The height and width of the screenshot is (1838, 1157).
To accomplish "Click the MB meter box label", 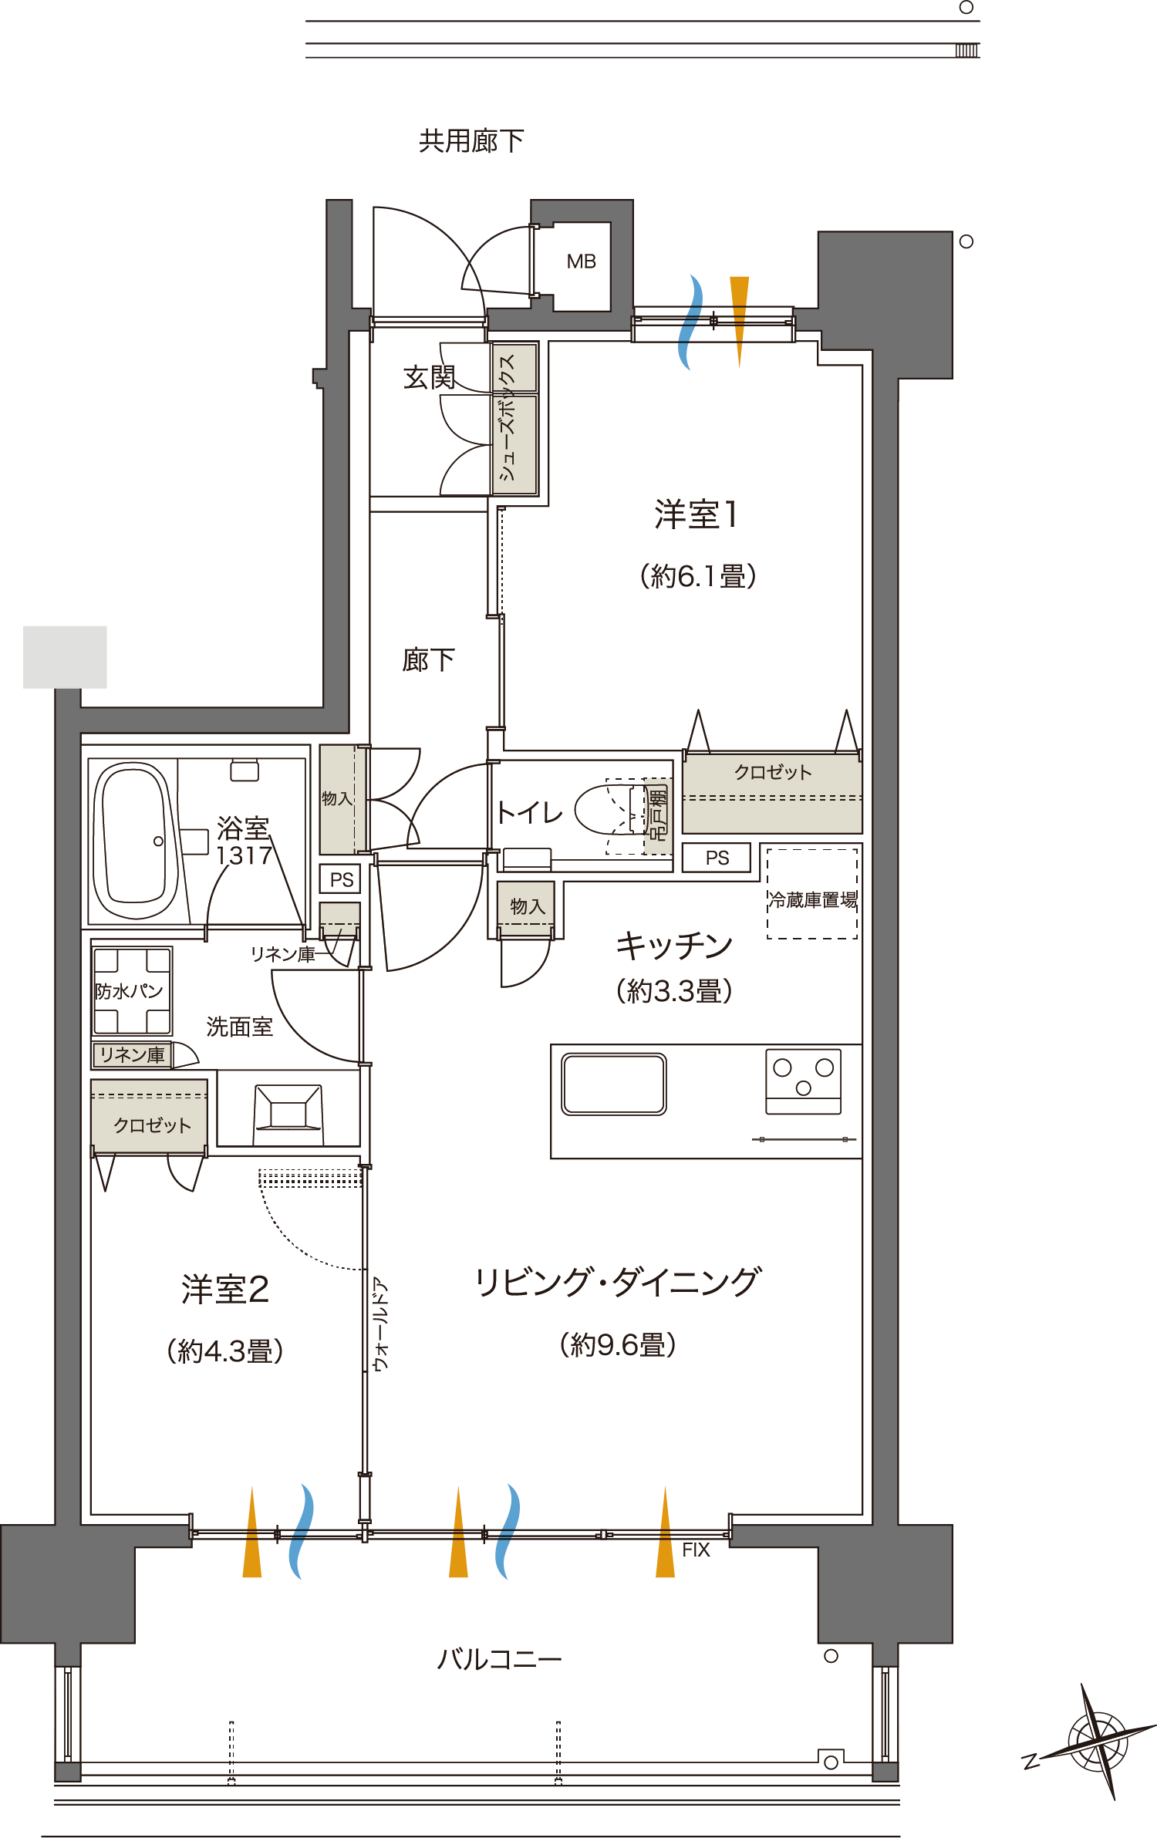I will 581,261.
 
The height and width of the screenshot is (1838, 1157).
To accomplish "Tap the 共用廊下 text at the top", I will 471,141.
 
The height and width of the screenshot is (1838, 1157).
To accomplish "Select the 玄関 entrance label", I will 428,377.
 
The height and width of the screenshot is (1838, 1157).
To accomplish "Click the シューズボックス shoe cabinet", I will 514,418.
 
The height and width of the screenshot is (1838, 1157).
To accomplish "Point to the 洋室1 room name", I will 697,514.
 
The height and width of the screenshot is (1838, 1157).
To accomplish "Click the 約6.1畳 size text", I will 698,576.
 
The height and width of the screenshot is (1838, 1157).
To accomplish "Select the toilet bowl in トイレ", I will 609,810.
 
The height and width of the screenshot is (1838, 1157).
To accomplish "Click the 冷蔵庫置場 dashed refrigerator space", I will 812,895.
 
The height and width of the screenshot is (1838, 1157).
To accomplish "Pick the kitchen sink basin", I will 614,1084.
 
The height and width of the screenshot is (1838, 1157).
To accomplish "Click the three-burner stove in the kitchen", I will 803,1081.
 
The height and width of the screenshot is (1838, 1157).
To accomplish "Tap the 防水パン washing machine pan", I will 132,990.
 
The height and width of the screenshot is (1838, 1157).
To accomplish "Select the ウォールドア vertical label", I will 380,1324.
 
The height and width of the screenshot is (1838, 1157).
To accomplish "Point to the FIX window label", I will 695,1550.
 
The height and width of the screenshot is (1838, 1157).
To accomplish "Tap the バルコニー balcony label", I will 499,1659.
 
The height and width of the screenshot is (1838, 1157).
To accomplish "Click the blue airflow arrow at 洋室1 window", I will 691,322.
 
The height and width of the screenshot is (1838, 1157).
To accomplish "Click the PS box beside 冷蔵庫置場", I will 717,858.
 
